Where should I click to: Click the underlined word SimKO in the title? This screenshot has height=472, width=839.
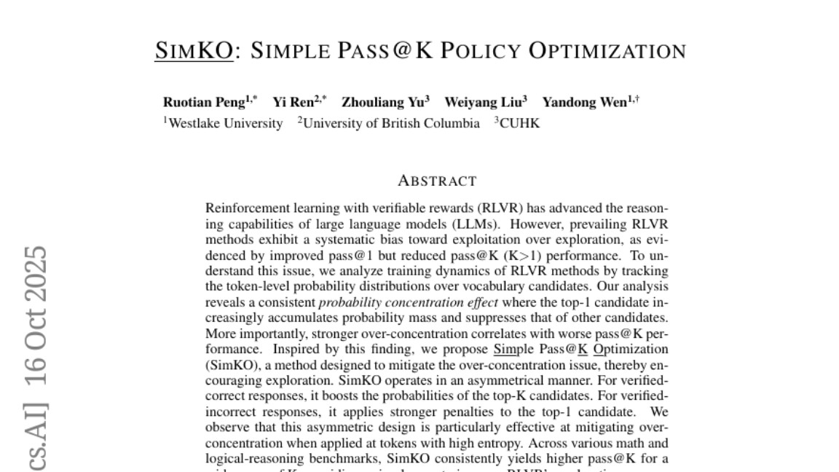pyautogui.click(x=194, y=51)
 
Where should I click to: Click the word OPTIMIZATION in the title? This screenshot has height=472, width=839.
pyautogui.click(x=607, y=51)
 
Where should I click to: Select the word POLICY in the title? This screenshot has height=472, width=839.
pyautogui.click(x=481, y=51)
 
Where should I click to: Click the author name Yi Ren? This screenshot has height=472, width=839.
pyautogui.click(x=293, y=102)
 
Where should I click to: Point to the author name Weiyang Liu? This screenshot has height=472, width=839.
pyautogui.click(x=483, y=102)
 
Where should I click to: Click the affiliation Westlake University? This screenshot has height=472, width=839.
pyautogui.click(x=225, y=123)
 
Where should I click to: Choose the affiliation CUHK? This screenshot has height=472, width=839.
pyautogui.click(x=519, y=123)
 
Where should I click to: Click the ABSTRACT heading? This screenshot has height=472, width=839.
pyautogui.click(x=437, y=181)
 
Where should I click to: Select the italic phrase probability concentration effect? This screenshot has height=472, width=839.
pyautogui.click(x=409, y=302)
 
